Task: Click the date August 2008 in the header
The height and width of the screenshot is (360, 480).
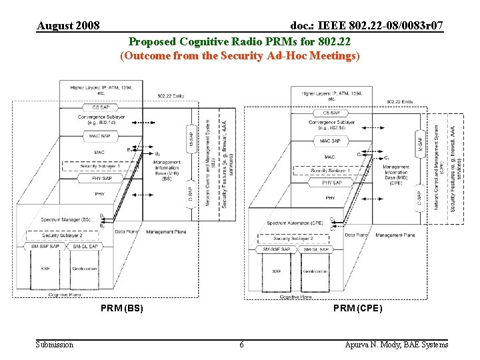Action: (68, 26)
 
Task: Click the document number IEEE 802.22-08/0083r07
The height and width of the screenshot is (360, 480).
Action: (367, 26)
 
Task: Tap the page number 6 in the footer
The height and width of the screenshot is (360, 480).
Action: (241, 345)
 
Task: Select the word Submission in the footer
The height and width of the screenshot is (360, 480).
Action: (55, 345)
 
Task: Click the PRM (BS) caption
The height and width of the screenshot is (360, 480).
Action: (122, 309)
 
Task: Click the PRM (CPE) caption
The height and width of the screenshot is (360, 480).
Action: (358, 309)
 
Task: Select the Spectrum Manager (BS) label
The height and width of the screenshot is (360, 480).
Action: (65, 219)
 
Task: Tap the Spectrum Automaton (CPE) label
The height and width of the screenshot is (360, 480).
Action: (295, 223)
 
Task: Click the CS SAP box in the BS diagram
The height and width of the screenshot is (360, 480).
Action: (101, 107)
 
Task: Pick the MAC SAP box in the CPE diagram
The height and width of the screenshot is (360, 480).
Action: (330, 141)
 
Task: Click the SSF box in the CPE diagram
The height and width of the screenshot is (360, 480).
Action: (276, 271)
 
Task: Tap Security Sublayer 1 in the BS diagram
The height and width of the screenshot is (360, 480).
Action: (101, 166)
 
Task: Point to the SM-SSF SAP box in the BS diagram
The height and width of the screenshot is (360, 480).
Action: (45, 247)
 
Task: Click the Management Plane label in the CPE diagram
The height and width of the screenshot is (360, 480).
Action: (395, 235)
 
